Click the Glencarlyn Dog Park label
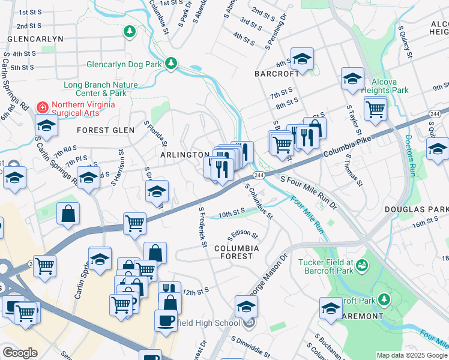click(x=124, y=64)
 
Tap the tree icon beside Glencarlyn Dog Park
click(x=171, y=63)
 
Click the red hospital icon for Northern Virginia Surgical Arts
click(x=42, y=107)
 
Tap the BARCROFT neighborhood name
click(x=276, y=74)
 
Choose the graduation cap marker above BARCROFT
click(x=303, y=59)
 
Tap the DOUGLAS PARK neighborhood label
click(x=418, y=209)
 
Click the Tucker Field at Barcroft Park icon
click(x=362, y=265)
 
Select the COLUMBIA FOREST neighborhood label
click(x=237, y=252)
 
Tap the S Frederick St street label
click(x=203, y=228)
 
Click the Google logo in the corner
click(x=20, y=353)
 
